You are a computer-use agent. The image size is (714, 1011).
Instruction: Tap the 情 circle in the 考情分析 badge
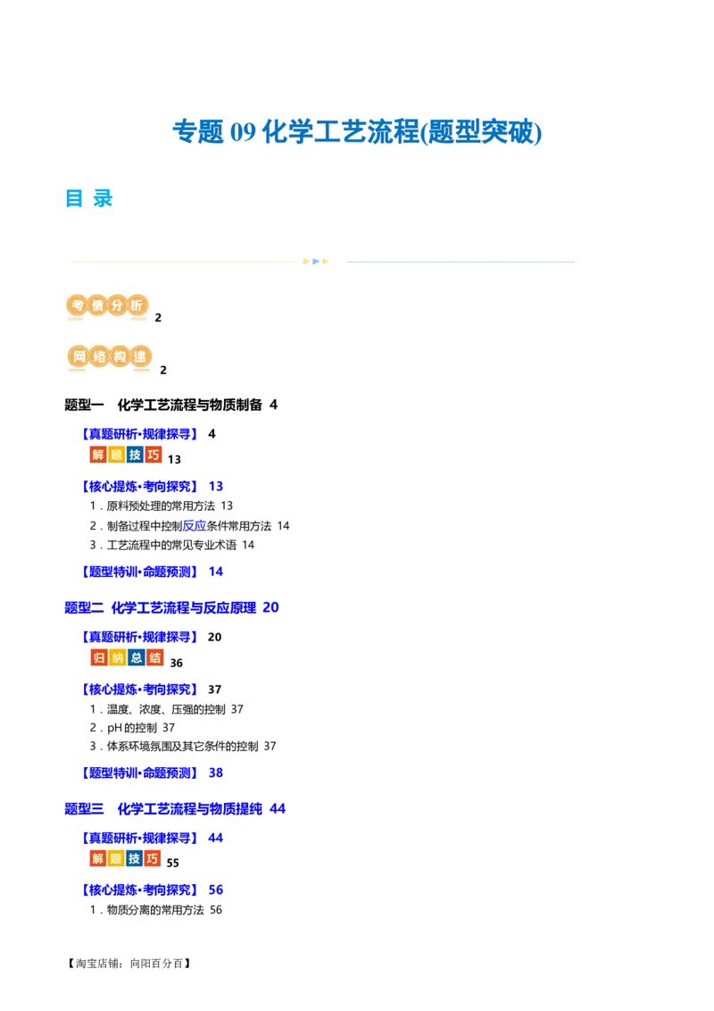click(96, 306)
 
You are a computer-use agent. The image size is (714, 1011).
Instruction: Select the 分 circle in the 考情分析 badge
click(117, 306)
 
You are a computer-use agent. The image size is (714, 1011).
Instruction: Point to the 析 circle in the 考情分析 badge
click(137, 306)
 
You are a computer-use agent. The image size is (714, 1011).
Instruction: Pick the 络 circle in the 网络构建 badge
click(99, 358)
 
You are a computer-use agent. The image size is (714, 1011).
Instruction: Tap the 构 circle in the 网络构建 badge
click(120, 358)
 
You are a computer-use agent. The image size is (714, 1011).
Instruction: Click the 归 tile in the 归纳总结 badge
click(97, 658)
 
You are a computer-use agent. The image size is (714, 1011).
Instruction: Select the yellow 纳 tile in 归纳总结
click(116, 658)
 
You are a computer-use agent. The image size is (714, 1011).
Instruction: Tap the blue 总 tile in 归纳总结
click(136, 658)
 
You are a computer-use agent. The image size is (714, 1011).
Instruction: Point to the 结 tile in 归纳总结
click(155, 658)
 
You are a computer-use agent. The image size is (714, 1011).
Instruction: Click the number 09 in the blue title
click(244, 132)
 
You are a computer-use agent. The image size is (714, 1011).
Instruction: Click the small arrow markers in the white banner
click(316, 262)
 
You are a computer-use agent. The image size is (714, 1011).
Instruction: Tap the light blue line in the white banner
click(461, 262)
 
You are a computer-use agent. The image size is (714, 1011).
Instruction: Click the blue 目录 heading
click(89, 199)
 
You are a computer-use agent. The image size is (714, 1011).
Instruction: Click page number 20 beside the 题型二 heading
click(274, 607)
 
